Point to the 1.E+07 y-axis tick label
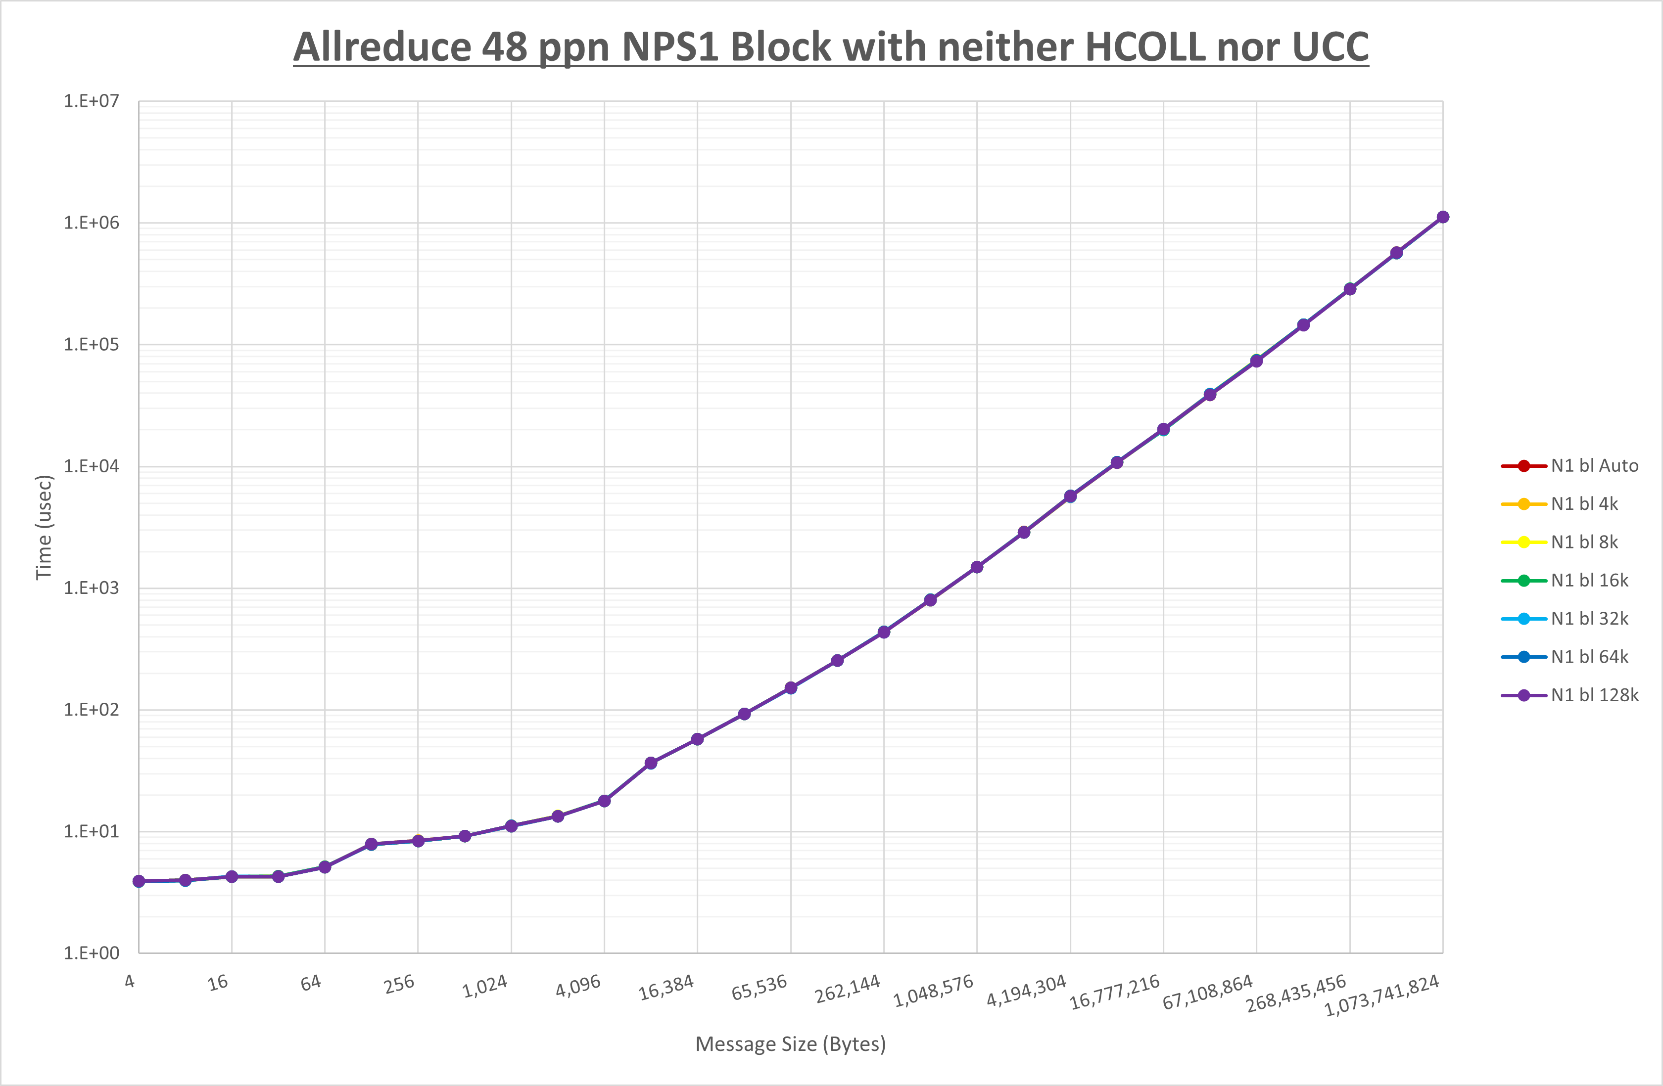click(x=92, y=101)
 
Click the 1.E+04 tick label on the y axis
click(x=92, y=466)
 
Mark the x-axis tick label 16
click(x=218, y=983)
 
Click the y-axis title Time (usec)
click(x=44, y=527)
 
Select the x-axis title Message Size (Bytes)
click(x=790, y=1044)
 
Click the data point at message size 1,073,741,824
click(x=1443, y=217)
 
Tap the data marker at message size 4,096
click(x=605, y=801)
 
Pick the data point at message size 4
click(x=139, y=881)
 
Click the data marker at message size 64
click(x=325, y=867)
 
